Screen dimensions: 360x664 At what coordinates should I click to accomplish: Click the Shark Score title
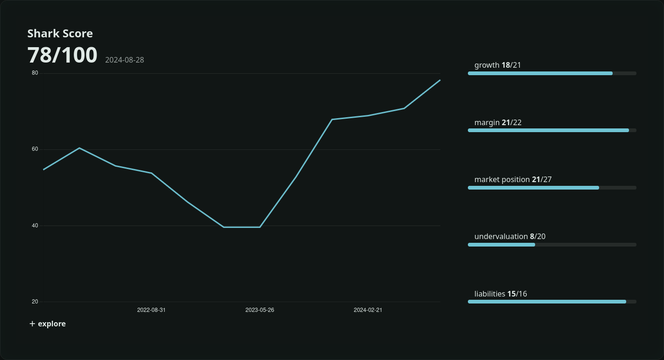click(60, 34)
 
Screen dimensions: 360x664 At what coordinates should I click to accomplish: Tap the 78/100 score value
click(63, 55)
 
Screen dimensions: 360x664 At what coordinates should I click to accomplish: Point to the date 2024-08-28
click(125, 60)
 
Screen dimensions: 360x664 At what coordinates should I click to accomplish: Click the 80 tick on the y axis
click(35, 73)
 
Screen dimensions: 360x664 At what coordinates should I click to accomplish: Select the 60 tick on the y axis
click(35, 149)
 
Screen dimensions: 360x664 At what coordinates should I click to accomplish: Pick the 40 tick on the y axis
click(35, 226)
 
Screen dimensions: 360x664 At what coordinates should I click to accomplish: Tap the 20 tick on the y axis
click(35, 302)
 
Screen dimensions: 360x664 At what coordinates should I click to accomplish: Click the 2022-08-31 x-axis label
click(151, 310)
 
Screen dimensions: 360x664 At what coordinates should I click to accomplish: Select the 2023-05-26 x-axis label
click(260, 310)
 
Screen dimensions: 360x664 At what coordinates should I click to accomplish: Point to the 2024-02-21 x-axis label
click(368, 310)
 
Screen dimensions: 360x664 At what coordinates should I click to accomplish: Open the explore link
click(48, 324)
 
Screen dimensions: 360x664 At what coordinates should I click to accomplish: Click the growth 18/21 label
click(498, 65)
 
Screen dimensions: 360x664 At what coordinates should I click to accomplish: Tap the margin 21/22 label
click(498, 122)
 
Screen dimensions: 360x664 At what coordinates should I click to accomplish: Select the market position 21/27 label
click(513, 180)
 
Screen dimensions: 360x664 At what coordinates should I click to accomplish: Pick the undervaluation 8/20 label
click(510, 237)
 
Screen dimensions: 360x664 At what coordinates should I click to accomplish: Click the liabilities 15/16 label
click(501, 294)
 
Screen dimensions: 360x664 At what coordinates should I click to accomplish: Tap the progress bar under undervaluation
click(552, 245)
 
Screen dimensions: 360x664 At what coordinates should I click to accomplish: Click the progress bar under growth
click(552, 73)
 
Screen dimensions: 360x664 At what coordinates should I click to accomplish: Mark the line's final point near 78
click(440, 80)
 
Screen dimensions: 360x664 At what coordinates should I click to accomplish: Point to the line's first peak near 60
click(79, 148)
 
